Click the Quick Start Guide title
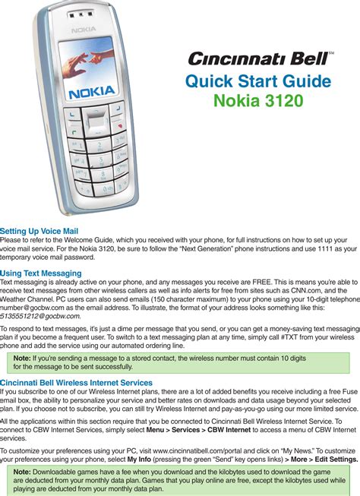258,81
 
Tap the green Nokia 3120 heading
258,100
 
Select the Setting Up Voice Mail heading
39,231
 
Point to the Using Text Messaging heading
41,273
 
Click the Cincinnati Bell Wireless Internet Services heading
76,383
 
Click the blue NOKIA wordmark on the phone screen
92,93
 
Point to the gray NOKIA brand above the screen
84,30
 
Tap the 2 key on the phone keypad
99,146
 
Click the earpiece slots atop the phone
81,14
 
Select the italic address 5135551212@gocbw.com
39,316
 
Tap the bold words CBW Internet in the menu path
229,430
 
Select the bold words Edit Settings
336,460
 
